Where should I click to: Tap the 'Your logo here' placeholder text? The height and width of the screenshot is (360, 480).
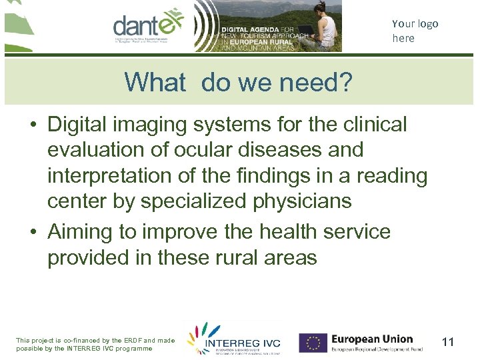pyautogui.click(x=415, y=31)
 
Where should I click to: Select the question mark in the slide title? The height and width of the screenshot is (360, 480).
pyautogui.click(x=345, y=83)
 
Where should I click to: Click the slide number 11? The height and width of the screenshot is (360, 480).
pyautogui.click(x=448, y=343)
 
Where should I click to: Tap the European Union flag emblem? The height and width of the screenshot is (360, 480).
pyautogui.click(x=312, y=343)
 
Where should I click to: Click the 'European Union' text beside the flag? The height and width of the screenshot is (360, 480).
pyautogui.click(x=372, y=339)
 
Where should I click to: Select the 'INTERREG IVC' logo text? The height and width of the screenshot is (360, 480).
pyautogui.click(x=243, y=343)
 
